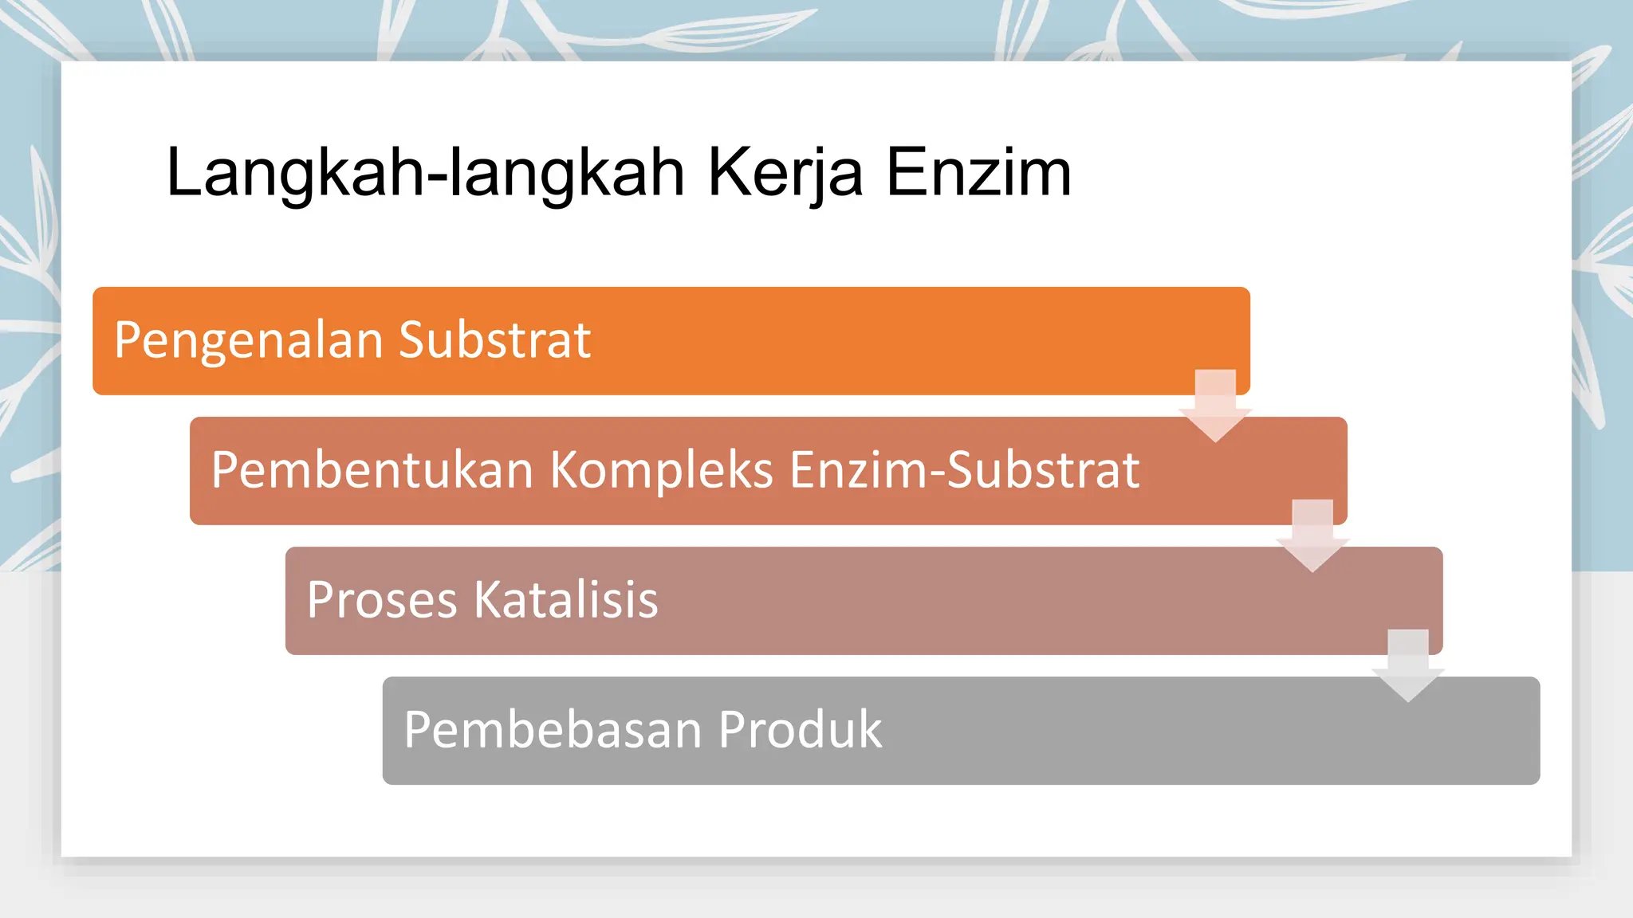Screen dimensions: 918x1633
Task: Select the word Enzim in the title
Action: pos(978,173)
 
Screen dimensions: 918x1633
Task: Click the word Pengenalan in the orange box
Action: pos(249,341)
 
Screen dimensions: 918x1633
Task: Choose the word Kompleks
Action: pos(661,470)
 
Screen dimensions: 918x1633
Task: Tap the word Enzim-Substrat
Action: pos(964,469)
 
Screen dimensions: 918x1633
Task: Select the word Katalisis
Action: pos(566,599)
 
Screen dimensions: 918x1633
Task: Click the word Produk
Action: pos(800,729)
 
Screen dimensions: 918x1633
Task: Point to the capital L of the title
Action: pos(183,173)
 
